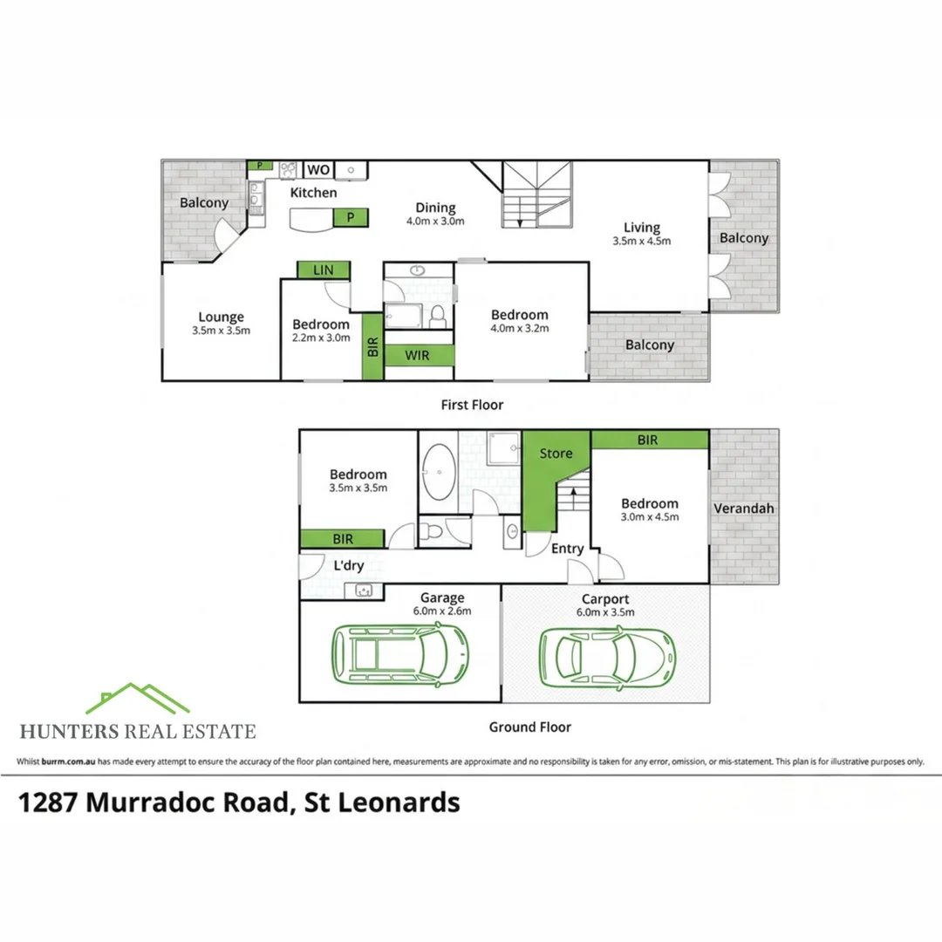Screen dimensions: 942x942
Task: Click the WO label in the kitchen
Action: coord(317,169)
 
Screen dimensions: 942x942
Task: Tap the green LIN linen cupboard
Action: coord(324,270)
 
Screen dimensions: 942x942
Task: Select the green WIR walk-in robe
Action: coord(419,355)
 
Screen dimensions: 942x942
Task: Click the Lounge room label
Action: coord(221,317)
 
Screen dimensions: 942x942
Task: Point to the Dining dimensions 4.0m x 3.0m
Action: coord(435,221)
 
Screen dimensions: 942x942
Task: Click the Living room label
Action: coord(642,228)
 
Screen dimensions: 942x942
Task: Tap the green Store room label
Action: coord(556,454)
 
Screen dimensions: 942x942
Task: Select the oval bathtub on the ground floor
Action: coord(439,472)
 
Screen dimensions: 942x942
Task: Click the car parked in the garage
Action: coord(400,653)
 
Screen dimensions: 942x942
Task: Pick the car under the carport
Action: coord(607,659)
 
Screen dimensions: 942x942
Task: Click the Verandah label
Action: coord(744,509)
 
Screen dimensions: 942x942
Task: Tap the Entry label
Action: coord(567,549)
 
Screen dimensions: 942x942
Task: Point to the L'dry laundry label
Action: coord(348,565)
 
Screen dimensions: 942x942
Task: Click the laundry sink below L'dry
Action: coord(364,590)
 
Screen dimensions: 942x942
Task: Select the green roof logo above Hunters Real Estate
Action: coord(138,698)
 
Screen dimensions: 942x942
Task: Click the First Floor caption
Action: coord(472,405)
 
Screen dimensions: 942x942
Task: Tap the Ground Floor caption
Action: coord(530,727)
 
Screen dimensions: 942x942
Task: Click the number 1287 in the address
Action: coord(48,802)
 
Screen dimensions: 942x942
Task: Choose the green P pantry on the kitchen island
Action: coord(351,217)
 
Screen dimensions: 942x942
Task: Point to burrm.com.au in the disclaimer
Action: coord(69,761)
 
